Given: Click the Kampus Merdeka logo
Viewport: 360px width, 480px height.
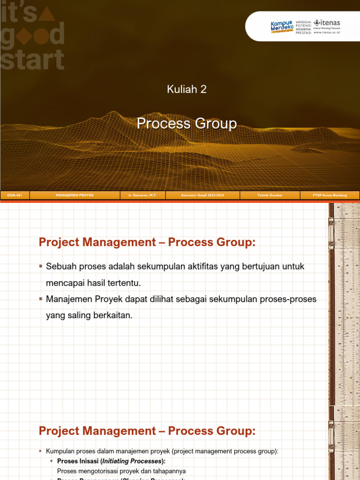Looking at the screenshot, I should pos(282,26).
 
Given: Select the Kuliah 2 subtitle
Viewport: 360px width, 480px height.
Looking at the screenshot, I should pos(187,89).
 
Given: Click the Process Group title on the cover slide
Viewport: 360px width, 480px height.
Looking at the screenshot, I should pos(187,124).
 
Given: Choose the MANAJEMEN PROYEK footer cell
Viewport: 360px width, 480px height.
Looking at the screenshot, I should pos(75,195).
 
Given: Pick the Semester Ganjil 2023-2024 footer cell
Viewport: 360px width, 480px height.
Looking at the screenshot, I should pos(202,195).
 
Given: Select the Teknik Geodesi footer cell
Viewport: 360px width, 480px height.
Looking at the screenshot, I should pos(270,195).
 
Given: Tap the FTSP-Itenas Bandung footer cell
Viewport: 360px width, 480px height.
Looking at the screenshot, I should pos(330,195).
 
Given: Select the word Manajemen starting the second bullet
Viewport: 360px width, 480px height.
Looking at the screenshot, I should pos(68,299).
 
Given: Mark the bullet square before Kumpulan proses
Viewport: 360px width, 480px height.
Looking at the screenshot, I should pos(41,451).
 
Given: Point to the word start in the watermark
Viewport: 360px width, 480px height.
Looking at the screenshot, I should pos(32,60).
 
